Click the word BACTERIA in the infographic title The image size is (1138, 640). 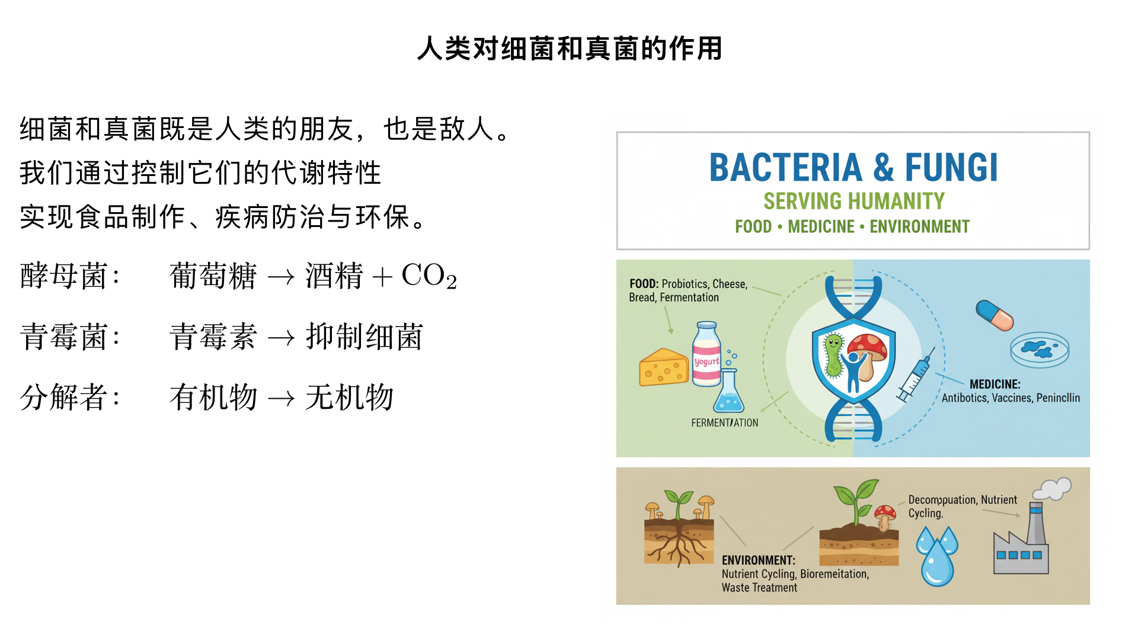[x=785, y=168]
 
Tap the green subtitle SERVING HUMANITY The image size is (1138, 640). [x=853, y=201]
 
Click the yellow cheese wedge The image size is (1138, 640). [x=663, y=367]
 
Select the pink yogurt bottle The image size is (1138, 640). [x=707, y=354]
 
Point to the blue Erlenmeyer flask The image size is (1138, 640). [x=728, y=393]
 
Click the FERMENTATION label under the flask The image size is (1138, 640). [x=724, y=423]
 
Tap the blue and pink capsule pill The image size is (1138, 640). [x=995, y=315]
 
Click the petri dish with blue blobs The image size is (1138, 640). [x=1040, y=350]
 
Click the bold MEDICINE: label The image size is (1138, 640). [x=995, y=384]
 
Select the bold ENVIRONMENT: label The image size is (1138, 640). [x=758, y=560]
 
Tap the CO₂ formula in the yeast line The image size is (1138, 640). [x=429, y=276]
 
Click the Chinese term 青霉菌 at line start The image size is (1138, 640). [x=63, y=337]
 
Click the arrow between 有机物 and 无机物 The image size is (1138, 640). [x=281, y=398]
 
